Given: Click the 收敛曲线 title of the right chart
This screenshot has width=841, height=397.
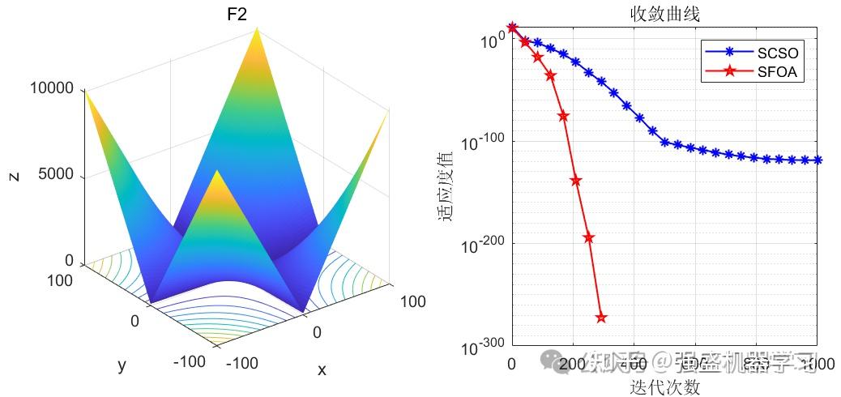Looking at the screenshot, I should point(664,15).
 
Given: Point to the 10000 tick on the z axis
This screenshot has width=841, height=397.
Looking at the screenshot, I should point(52,88).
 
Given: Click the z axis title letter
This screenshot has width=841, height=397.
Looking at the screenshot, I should point(14,175).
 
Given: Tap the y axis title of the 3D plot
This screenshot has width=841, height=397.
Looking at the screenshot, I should point(122,365).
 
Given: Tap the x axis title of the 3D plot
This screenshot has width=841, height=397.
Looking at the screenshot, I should point(322,370).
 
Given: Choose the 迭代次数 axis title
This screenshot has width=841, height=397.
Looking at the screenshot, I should point(664,387).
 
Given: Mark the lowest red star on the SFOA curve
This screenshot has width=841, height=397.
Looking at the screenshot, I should point(601,318).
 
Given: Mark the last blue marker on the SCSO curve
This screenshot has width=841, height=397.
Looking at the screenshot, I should point(817,160).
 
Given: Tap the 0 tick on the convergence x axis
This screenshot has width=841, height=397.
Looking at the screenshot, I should point(511,364).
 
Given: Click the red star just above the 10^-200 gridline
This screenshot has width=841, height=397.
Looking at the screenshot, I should point(588,237).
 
